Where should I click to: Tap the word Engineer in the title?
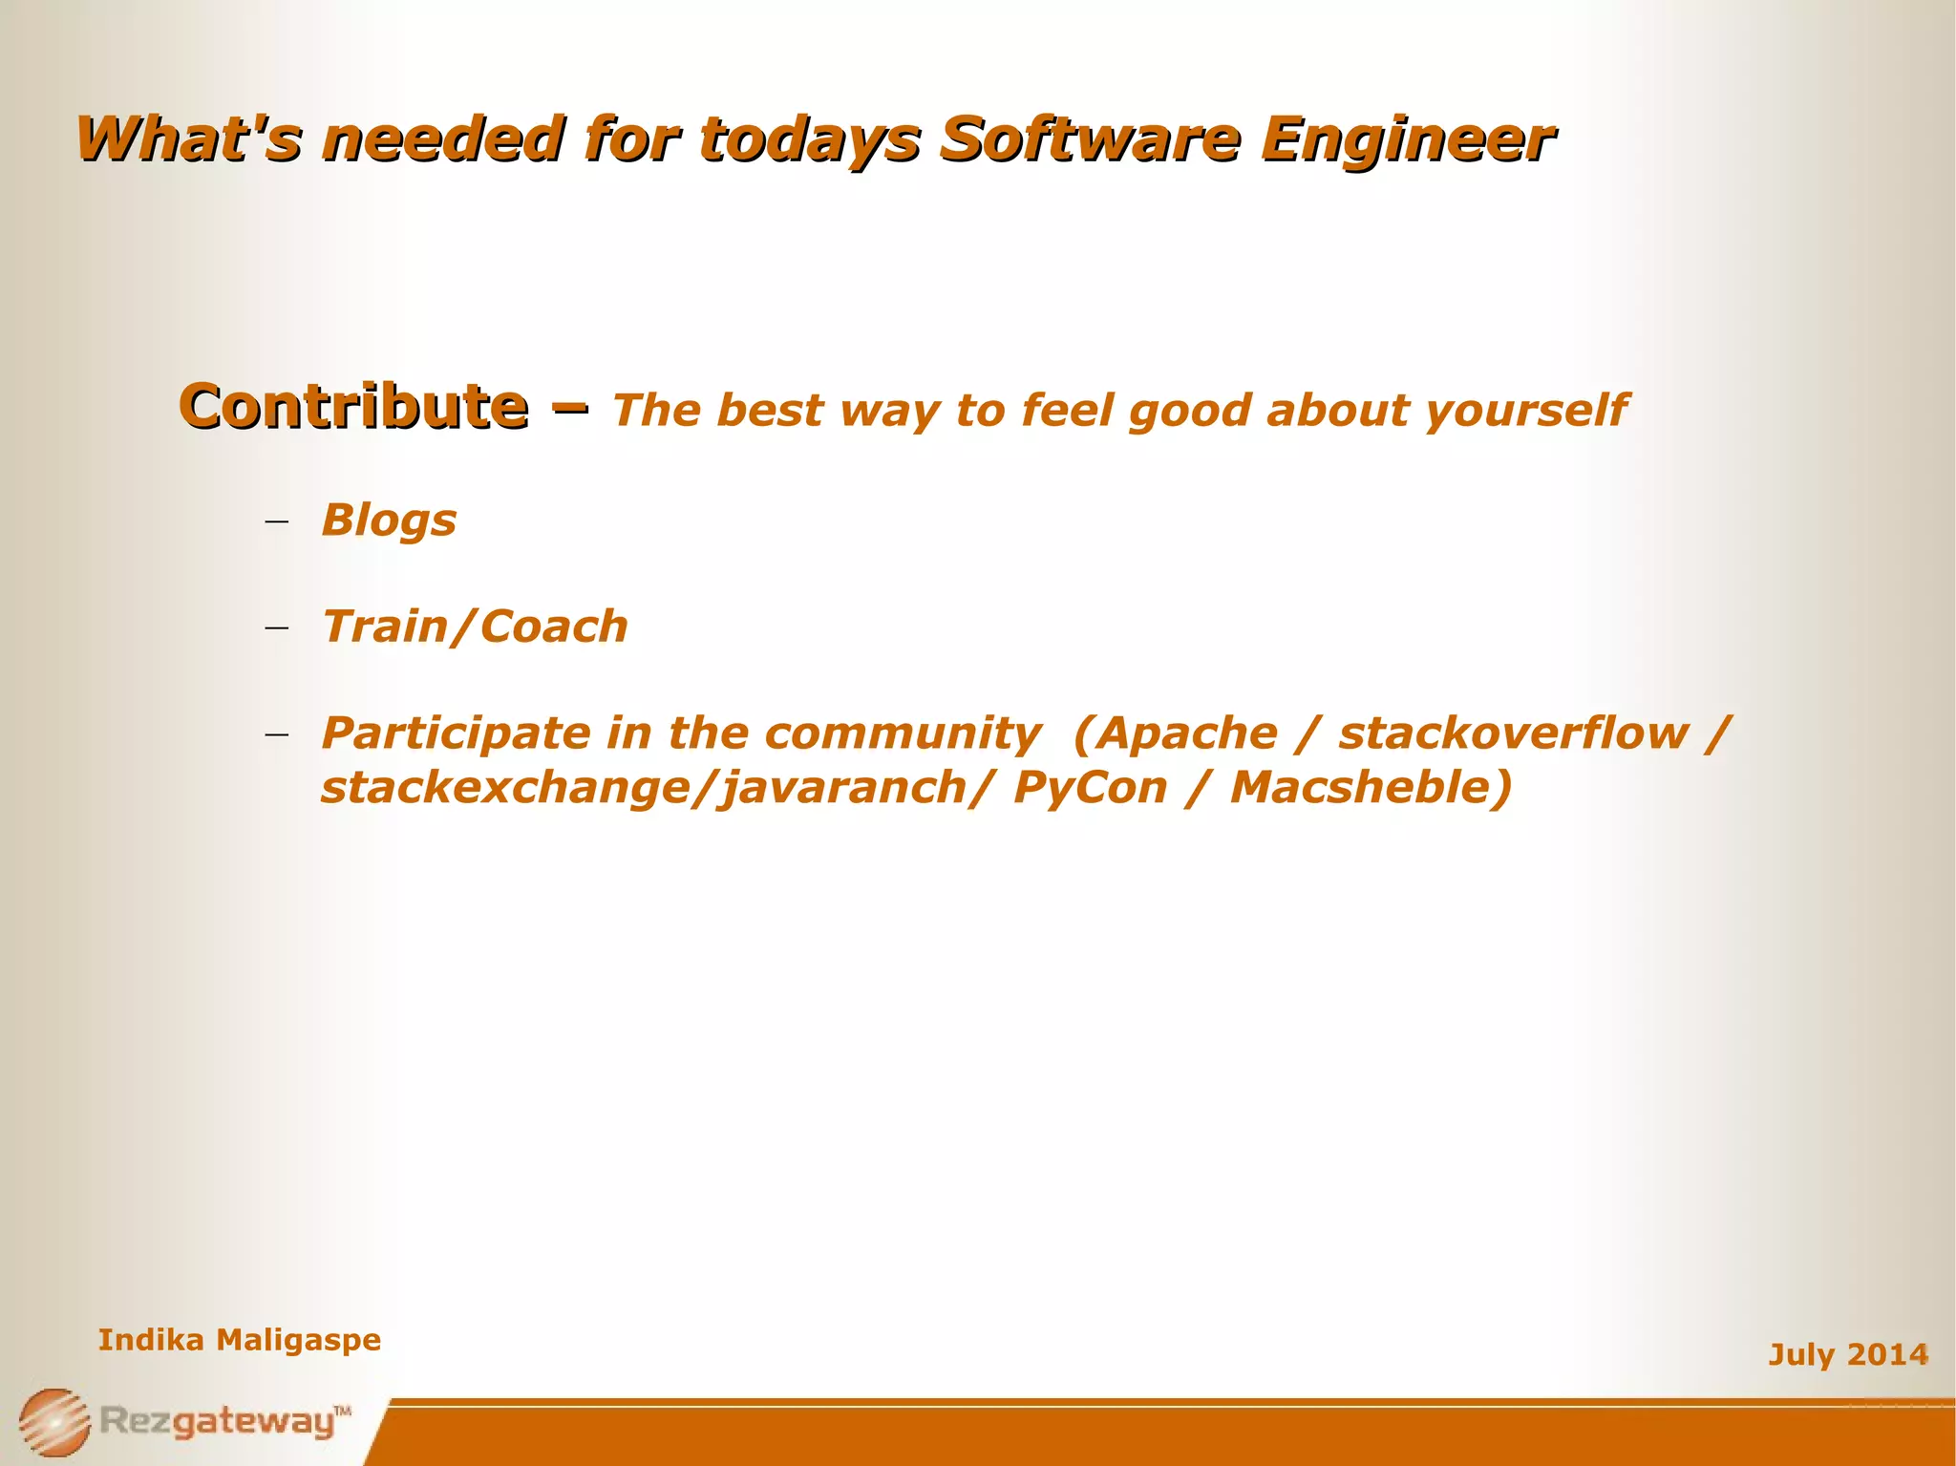(x=1408, y=139)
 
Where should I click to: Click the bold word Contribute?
(x=353, y=407)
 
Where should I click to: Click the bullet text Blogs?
(x=389, y=521)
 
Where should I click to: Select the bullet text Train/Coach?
(x=475, y=627)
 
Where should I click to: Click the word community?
(x=903, y=734)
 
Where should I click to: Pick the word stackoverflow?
(x=1513, y=734)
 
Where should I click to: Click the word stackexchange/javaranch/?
(x=657, y=789)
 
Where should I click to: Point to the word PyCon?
(x=1090, y=789)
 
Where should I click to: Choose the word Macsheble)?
(x=1371, y=789)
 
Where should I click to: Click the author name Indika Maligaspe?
(x=240, y=1340)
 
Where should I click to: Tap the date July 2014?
(x=1848, y=1354)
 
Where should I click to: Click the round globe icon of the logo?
(x=54, y=1422)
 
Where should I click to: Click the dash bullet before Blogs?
(x=277, y=522)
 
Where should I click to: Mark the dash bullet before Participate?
(x=277, y=735)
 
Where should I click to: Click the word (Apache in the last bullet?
(x=1175, y=734)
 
